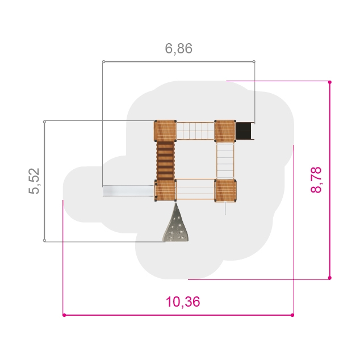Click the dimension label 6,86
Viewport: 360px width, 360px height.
pyautogui.click(x=179, y=49)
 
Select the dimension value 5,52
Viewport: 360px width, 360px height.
pyautogui.click(x=34, y=181)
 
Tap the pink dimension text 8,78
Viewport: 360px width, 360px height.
pyautogui.click(x=316, y=180)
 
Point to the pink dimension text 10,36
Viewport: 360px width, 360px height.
pyautogui.click(x=183, y=302)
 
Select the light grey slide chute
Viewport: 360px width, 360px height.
pyautogui.click(x=128, y=191)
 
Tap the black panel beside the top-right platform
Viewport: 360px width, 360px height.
pyautogui.click(x=244, y=131)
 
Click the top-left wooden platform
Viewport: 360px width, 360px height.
pyautogui.click(x=165, y=131)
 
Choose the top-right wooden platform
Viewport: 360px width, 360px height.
pyautogui.click(x=225, y=131)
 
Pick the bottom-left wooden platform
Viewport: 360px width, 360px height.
pyautogui.click(x=165, y=191)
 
